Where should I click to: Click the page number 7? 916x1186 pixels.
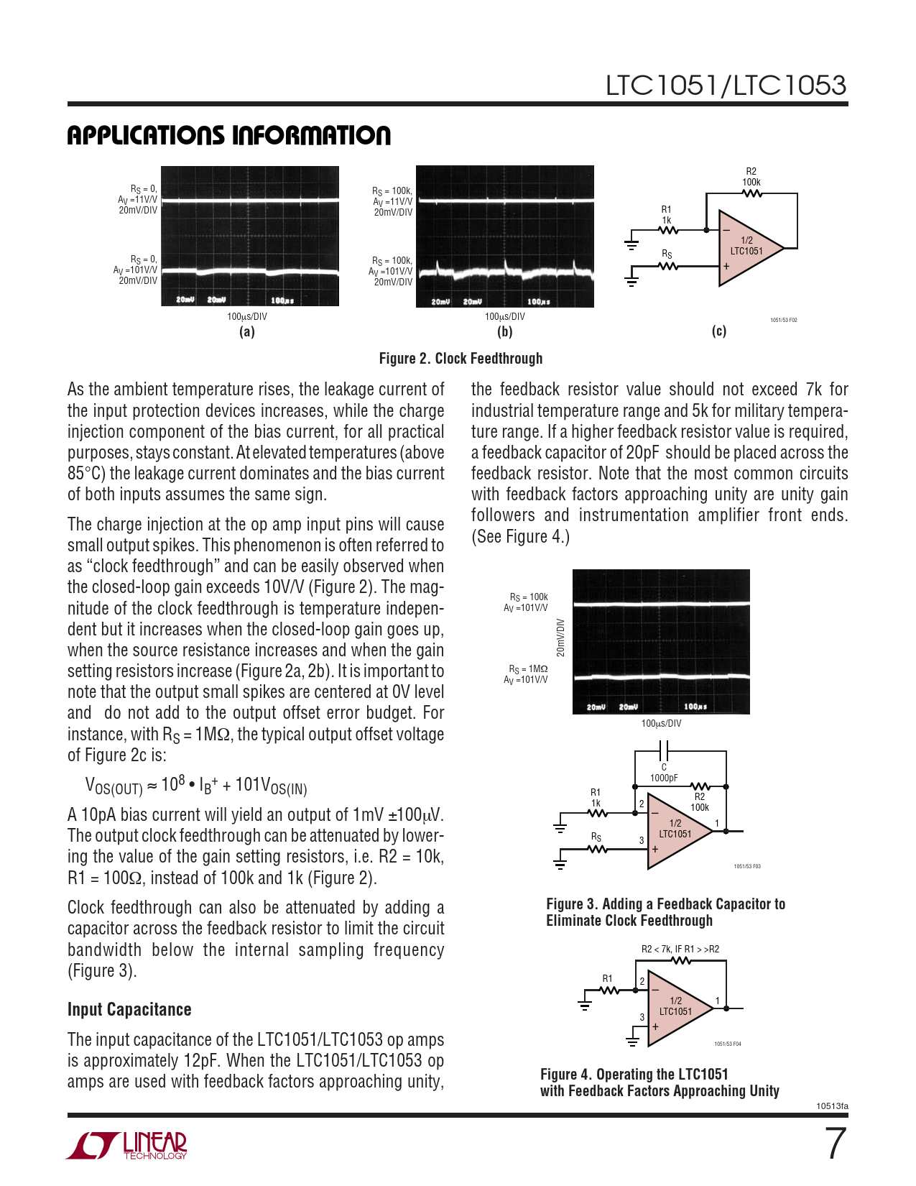(x=834, y=1144)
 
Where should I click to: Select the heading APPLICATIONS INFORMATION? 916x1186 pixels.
(x=228, y=135)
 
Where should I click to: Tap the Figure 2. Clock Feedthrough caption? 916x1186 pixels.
(x=461, y=358)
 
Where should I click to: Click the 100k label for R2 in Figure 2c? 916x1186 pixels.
(x=751, y=183)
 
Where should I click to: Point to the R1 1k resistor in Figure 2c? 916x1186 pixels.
(x=668, y=230)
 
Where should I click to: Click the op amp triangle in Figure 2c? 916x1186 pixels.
(x=747, y=248)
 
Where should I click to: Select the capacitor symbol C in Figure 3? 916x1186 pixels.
(x=665, y=751)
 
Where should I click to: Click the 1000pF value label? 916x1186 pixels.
(x=664, y=778)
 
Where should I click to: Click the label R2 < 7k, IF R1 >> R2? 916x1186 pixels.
(x=680, y=949)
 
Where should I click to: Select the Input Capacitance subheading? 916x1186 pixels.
(x=129, y=1009)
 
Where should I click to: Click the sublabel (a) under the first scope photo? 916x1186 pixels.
(x=246, y=331)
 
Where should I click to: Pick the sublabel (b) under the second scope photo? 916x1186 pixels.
(x=504, y=331)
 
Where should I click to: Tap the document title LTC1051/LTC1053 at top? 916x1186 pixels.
(x=726, y=86)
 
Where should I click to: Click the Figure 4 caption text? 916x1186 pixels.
(x=659, y=1082)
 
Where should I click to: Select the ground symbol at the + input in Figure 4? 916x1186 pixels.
(x=633, y=1041)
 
